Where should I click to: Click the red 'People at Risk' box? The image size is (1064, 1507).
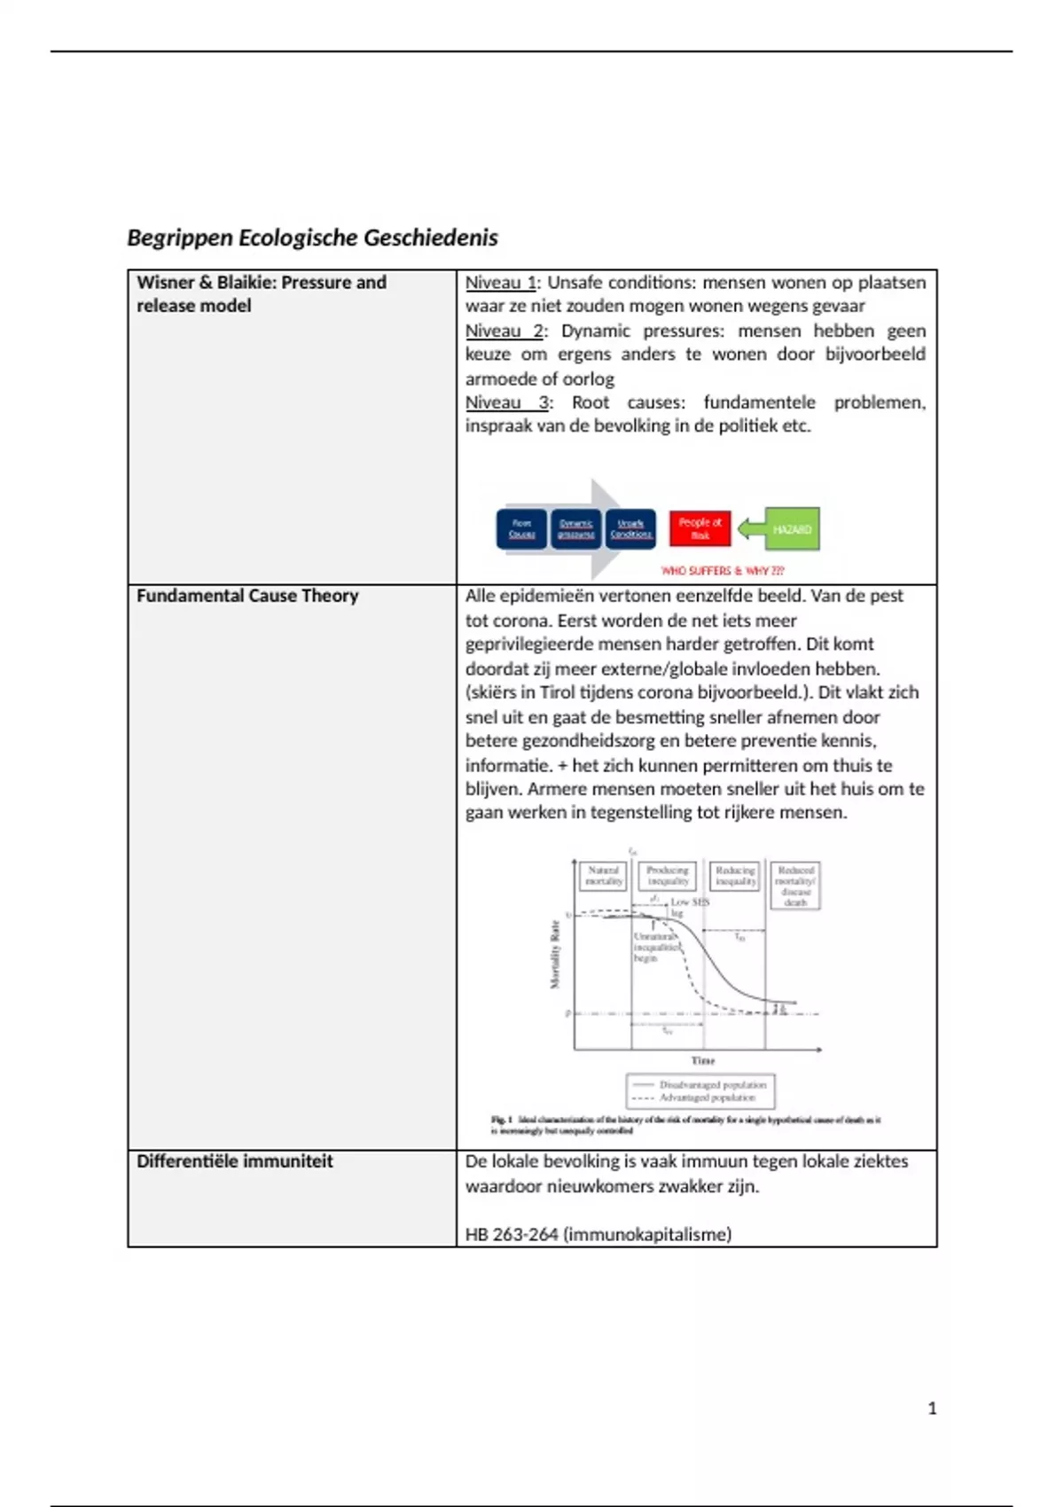[700, 528]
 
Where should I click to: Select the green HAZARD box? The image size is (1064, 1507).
[791, 529]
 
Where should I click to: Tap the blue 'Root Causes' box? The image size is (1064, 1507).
[522, 529]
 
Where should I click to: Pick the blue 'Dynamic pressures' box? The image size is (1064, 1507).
[576, 529]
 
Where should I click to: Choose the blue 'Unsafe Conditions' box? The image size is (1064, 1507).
[631, 529]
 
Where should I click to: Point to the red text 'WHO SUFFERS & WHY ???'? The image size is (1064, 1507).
[723, 571]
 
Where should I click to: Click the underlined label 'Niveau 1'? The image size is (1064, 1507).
[501, 283]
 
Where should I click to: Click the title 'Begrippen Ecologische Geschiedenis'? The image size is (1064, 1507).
[312, 238]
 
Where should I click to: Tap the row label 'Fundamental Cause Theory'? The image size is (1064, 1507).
[247, 596]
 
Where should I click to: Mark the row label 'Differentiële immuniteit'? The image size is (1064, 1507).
[235, 1161]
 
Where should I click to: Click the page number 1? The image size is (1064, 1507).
[932, 1408]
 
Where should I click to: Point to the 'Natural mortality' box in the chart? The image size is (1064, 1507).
[604, 876]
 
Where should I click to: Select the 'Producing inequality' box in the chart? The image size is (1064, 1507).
[668, 876]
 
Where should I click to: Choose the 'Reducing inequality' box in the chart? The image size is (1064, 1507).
[735, 876]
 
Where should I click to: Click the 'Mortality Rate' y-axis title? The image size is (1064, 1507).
[556, 954]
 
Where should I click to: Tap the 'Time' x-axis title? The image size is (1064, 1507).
[703, 1060]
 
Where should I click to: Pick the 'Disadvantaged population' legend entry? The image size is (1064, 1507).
[712, 1084]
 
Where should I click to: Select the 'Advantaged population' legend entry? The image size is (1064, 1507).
[707, 1097]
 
